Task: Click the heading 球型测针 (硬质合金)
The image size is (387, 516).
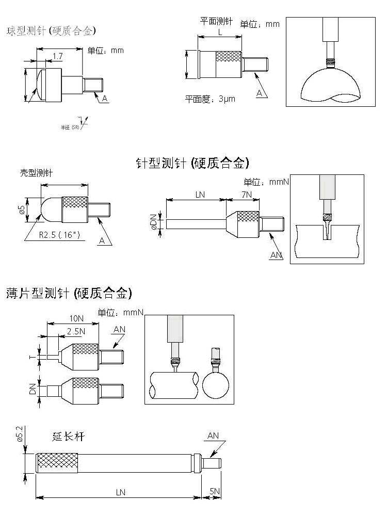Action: [51, 31]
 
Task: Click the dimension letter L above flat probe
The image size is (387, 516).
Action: [220, 31]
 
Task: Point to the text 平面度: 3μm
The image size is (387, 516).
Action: [210, 99]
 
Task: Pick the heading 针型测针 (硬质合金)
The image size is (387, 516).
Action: [192, 164]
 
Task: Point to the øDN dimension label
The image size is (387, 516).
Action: [153, 223]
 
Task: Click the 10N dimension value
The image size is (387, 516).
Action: [76, 318]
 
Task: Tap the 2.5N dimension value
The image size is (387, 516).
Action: [75, 331]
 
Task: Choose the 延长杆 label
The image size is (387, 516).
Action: [68, 437]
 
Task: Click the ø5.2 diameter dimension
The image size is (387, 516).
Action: [20, 435]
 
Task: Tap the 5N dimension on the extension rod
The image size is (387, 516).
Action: [215, 492]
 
